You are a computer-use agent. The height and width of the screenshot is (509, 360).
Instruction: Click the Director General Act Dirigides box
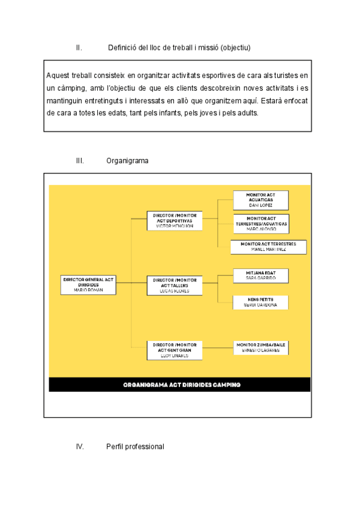(x=88, y=285)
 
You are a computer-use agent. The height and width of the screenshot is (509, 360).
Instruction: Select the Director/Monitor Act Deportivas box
(x=174, y=220)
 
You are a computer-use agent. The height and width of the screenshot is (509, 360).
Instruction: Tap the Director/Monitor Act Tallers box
(x=174, y=286)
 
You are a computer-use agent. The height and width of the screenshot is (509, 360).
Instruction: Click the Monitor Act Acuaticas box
(x=260, y=200)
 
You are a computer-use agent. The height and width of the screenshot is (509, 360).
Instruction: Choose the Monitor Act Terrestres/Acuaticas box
(x=260, y=223)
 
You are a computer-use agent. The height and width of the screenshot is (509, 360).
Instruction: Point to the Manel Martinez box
(x=268, y=247)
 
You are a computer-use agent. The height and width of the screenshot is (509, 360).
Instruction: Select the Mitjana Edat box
(x=260, y=276)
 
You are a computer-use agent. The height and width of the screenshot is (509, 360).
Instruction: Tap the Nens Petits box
(x=260, y=302)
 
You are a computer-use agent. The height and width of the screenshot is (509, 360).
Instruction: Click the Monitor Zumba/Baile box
(x=260, y=348)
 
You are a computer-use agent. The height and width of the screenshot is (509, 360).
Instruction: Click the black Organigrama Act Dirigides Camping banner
(x=180, y=385)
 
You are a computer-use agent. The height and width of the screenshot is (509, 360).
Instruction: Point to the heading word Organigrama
(x=127, y=161)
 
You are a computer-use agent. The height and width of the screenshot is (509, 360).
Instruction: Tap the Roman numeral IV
(x=79, y=447)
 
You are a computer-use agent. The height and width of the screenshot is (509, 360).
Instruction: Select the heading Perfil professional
(x=135, y=447)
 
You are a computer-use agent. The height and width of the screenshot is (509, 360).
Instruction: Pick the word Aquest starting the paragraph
(x=58, y=76)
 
